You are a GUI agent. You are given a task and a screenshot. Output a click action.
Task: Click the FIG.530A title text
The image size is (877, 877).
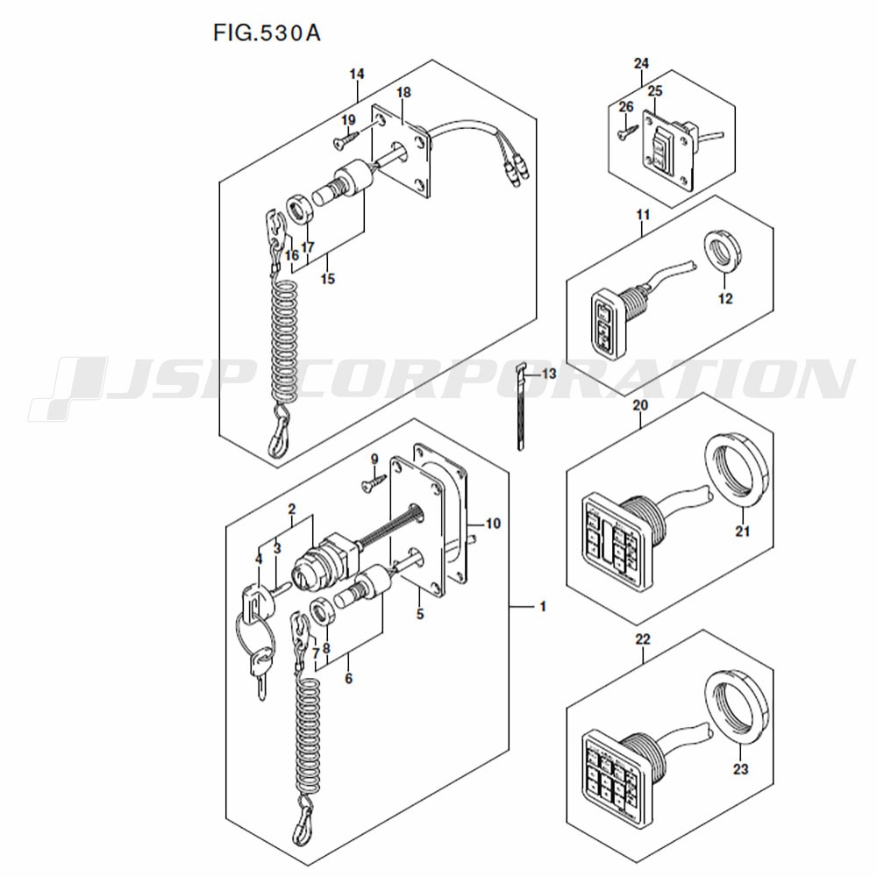point(267,33)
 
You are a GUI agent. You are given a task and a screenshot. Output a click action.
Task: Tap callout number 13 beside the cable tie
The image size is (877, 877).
point(549,373)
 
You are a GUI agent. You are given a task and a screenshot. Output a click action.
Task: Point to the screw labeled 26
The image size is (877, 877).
point(628,132)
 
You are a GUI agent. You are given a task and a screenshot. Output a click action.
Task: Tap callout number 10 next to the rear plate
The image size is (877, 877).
point(493,524)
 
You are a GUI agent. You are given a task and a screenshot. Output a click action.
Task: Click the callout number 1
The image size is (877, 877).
point(542,606)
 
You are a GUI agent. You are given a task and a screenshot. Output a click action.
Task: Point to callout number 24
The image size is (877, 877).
point(641,64)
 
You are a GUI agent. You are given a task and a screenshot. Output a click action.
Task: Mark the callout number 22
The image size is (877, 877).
point(643,638)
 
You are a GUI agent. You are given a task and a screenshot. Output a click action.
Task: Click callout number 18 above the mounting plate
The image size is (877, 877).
point(403,92)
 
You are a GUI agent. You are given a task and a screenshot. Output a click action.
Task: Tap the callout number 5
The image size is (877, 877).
point(420,614)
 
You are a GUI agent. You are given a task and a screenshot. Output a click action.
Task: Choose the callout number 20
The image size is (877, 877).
point(640,404)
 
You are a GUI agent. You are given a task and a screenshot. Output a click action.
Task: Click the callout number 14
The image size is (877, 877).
point(357,74)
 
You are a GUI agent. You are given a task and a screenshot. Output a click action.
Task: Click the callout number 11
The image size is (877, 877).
point(643,214)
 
